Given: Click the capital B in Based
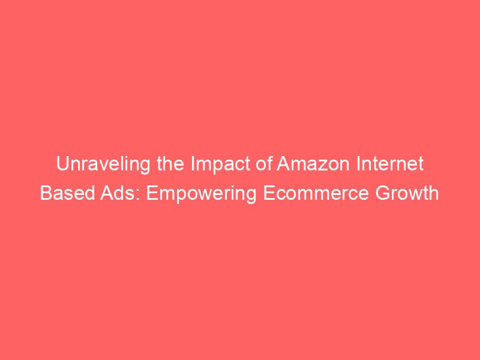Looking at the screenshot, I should [x=45, y=193].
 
